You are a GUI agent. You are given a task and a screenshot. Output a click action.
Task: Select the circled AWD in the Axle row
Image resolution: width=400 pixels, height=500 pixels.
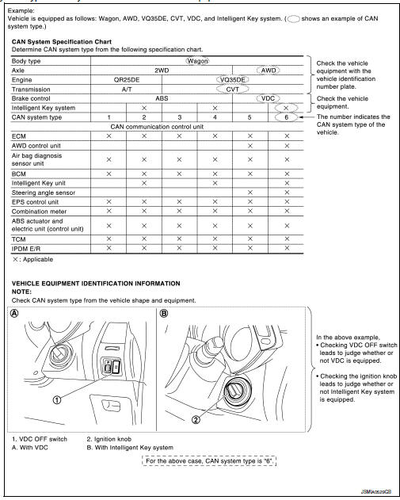click(x=269, y=69)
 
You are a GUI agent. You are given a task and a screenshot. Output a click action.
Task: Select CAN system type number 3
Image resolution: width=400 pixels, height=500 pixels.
click(x=180, y=117)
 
